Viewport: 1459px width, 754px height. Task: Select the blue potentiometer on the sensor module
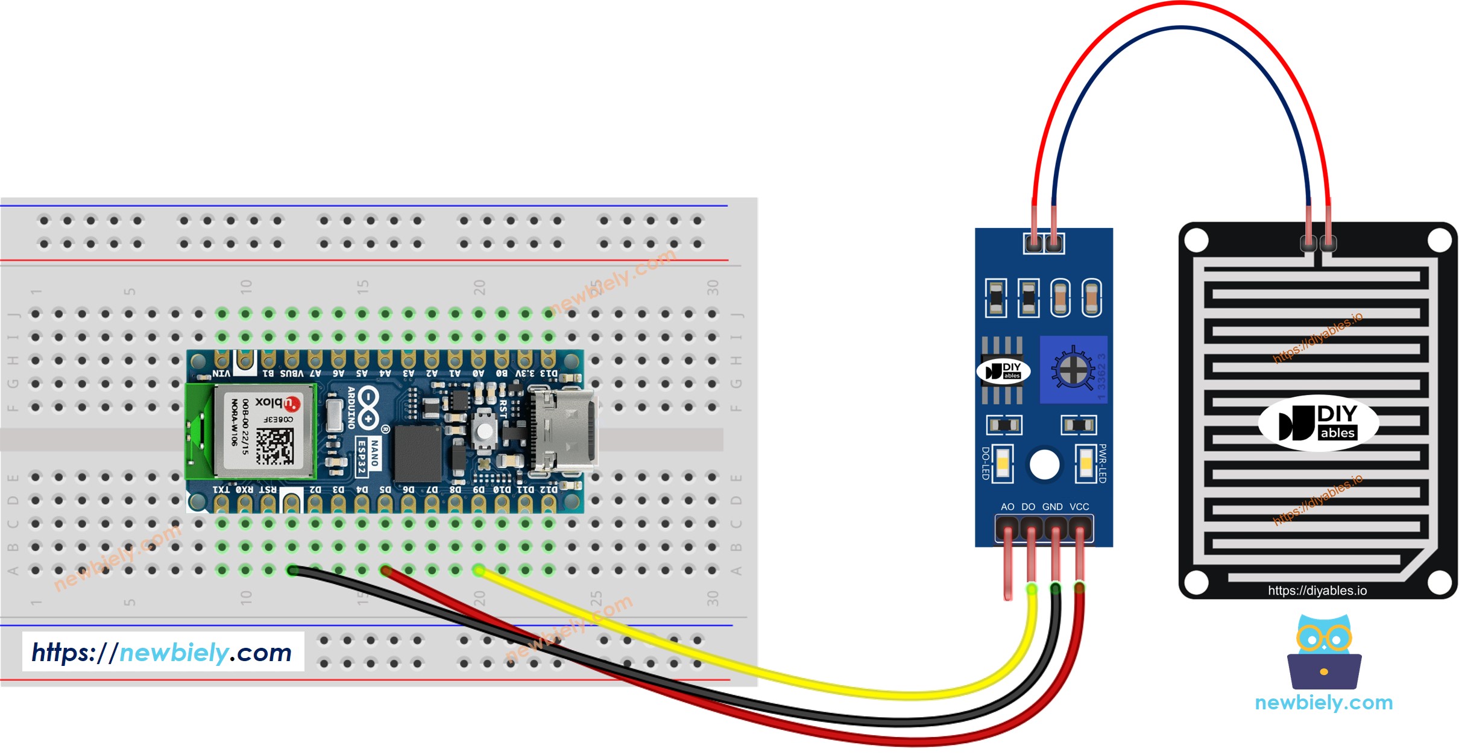click(x=1073, y=369)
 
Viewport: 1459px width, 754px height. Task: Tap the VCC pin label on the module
click(x=1079, y=507)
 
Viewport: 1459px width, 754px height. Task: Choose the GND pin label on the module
click(x=1053, y=507)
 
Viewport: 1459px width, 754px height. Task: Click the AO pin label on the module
click(x=1007, y=507)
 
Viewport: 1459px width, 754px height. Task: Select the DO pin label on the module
click(x=1029, y=507)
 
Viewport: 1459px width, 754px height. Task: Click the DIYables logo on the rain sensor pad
click(x=1319, y=423)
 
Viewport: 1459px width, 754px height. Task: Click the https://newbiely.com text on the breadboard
click(x=162, y=653)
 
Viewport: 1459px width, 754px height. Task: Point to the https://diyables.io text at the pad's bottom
click(x=1317, y=591)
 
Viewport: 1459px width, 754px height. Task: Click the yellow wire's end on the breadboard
click(x=479, y=570)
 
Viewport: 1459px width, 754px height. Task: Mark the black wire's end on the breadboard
click(x=293, y=570)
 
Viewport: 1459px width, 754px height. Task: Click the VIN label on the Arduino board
click(x=222, y=373)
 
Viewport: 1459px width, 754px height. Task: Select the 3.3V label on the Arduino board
click(x=525, y=373)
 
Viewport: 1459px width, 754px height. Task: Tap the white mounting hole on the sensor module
click(x=1044, y=464)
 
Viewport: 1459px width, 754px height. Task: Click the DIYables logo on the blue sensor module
click(x=1003, y=371)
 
